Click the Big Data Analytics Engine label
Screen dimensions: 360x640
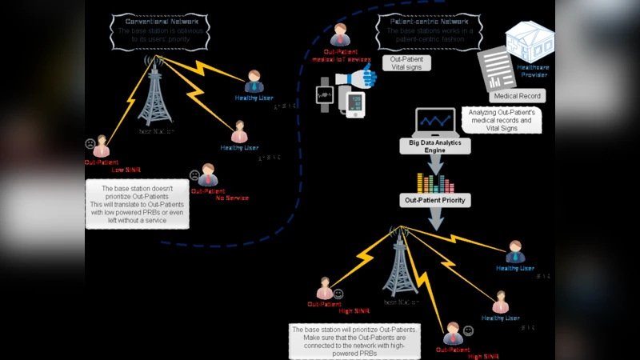(435, 145)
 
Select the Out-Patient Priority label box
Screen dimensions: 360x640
(435, 200)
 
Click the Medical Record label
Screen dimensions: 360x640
(518, 96)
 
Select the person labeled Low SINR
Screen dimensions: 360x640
(101, 147)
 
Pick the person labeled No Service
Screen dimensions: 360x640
(208, 175)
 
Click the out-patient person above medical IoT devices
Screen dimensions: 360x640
(341, 35)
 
